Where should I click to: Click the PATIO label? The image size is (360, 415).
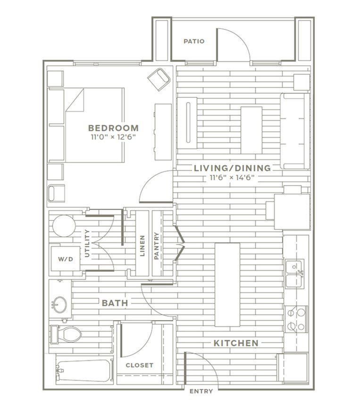coord(194,41)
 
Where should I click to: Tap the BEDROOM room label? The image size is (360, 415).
coord(113,128)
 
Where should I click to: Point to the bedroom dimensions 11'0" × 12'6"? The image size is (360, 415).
coord(113,137)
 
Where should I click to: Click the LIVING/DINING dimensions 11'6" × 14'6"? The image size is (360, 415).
coord(232,177)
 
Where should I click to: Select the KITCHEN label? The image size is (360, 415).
coord(236,343)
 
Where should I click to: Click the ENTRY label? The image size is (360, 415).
coord(201,391)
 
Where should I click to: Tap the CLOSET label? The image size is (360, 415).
coord(140,365)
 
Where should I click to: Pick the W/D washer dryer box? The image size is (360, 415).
coord(66,259)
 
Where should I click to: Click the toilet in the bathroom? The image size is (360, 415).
coord(66,334)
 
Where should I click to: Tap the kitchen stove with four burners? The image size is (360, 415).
coord(296,319)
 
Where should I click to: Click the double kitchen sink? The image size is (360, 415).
coord(294,274)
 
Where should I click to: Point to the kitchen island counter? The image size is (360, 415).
coord(227,284)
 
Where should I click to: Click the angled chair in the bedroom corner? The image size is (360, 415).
coord(159,79)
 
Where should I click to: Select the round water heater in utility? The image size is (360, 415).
coord(64,226)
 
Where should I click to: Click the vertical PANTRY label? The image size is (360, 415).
coord(157,246)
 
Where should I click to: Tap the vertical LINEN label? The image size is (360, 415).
coord(142,246)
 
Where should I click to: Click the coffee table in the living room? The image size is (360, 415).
coord(251,130)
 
